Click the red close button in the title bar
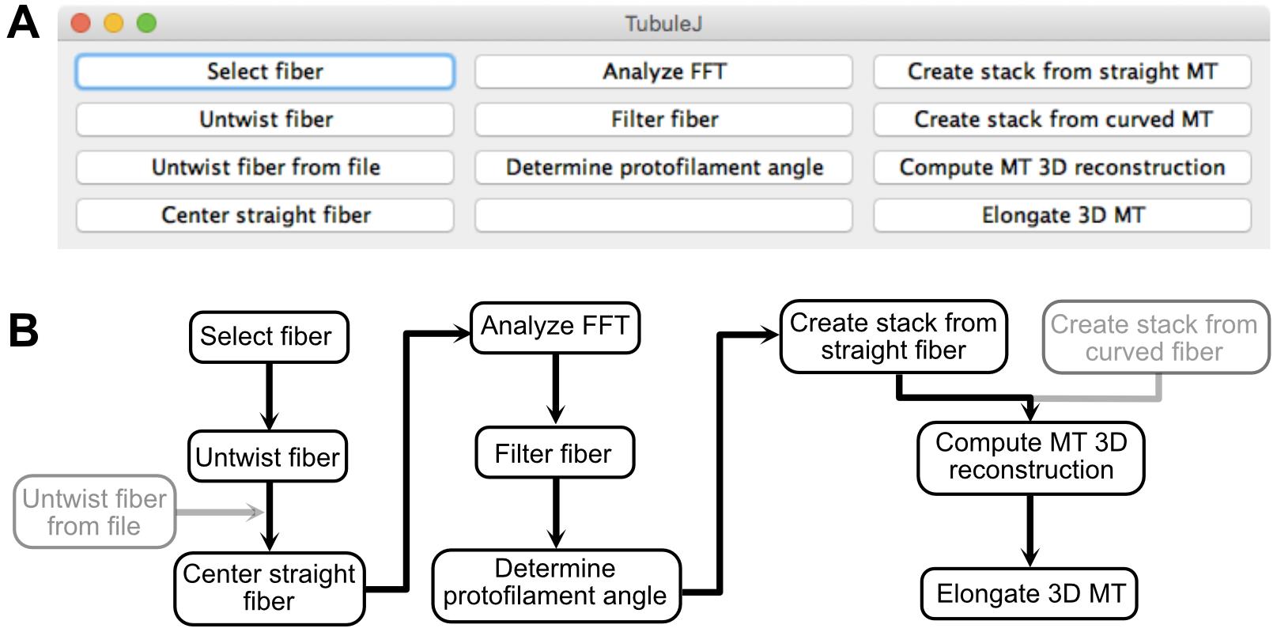(x=81, y=23)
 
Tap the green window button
(x=146, y=23)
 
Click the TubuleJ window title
(x=663, y=24)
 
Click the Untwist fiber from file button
(x=265, y=167)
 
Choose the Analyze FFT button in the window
(x=663, y=71)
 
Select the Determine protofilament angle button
(x=663, y=167)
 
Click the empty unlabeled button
(x=663, y=215)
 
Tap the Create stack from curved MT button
(x=1063, y=119)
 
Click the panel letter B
(x=24, y=331)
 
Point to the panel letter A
(x=23, y=23)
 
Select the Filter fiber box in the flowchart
(x=555, y=452)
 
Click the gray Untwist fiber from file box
(x=94, y=512)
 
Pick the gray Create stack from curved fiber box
(x=1155, y=337)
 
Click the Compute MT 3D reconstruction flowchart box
(x=1031, y=457)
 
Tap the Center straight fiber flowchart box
(x=269, y=588)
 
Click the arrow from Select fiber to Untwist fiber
(x=269, y=395)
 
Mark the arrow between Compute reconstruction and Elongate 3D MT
(x=1030, y=531)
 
